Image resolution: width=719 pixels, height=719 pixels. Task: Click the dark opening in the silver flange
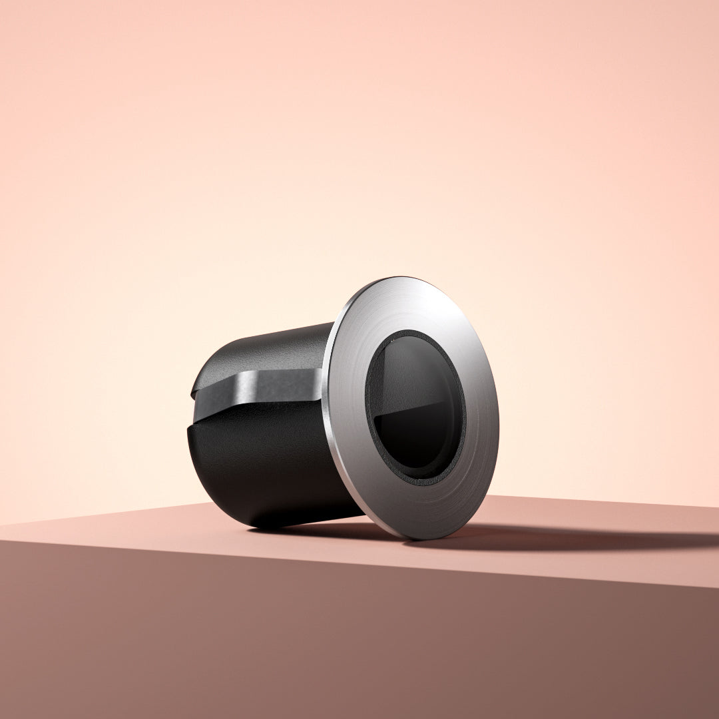click(x=414, y=406)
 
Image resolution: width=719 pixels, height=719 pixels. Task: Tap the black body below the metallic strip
click(x=266, y=466)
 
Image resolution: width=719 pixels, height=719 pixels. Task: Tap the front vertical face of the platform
click(x=333, y=639)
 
